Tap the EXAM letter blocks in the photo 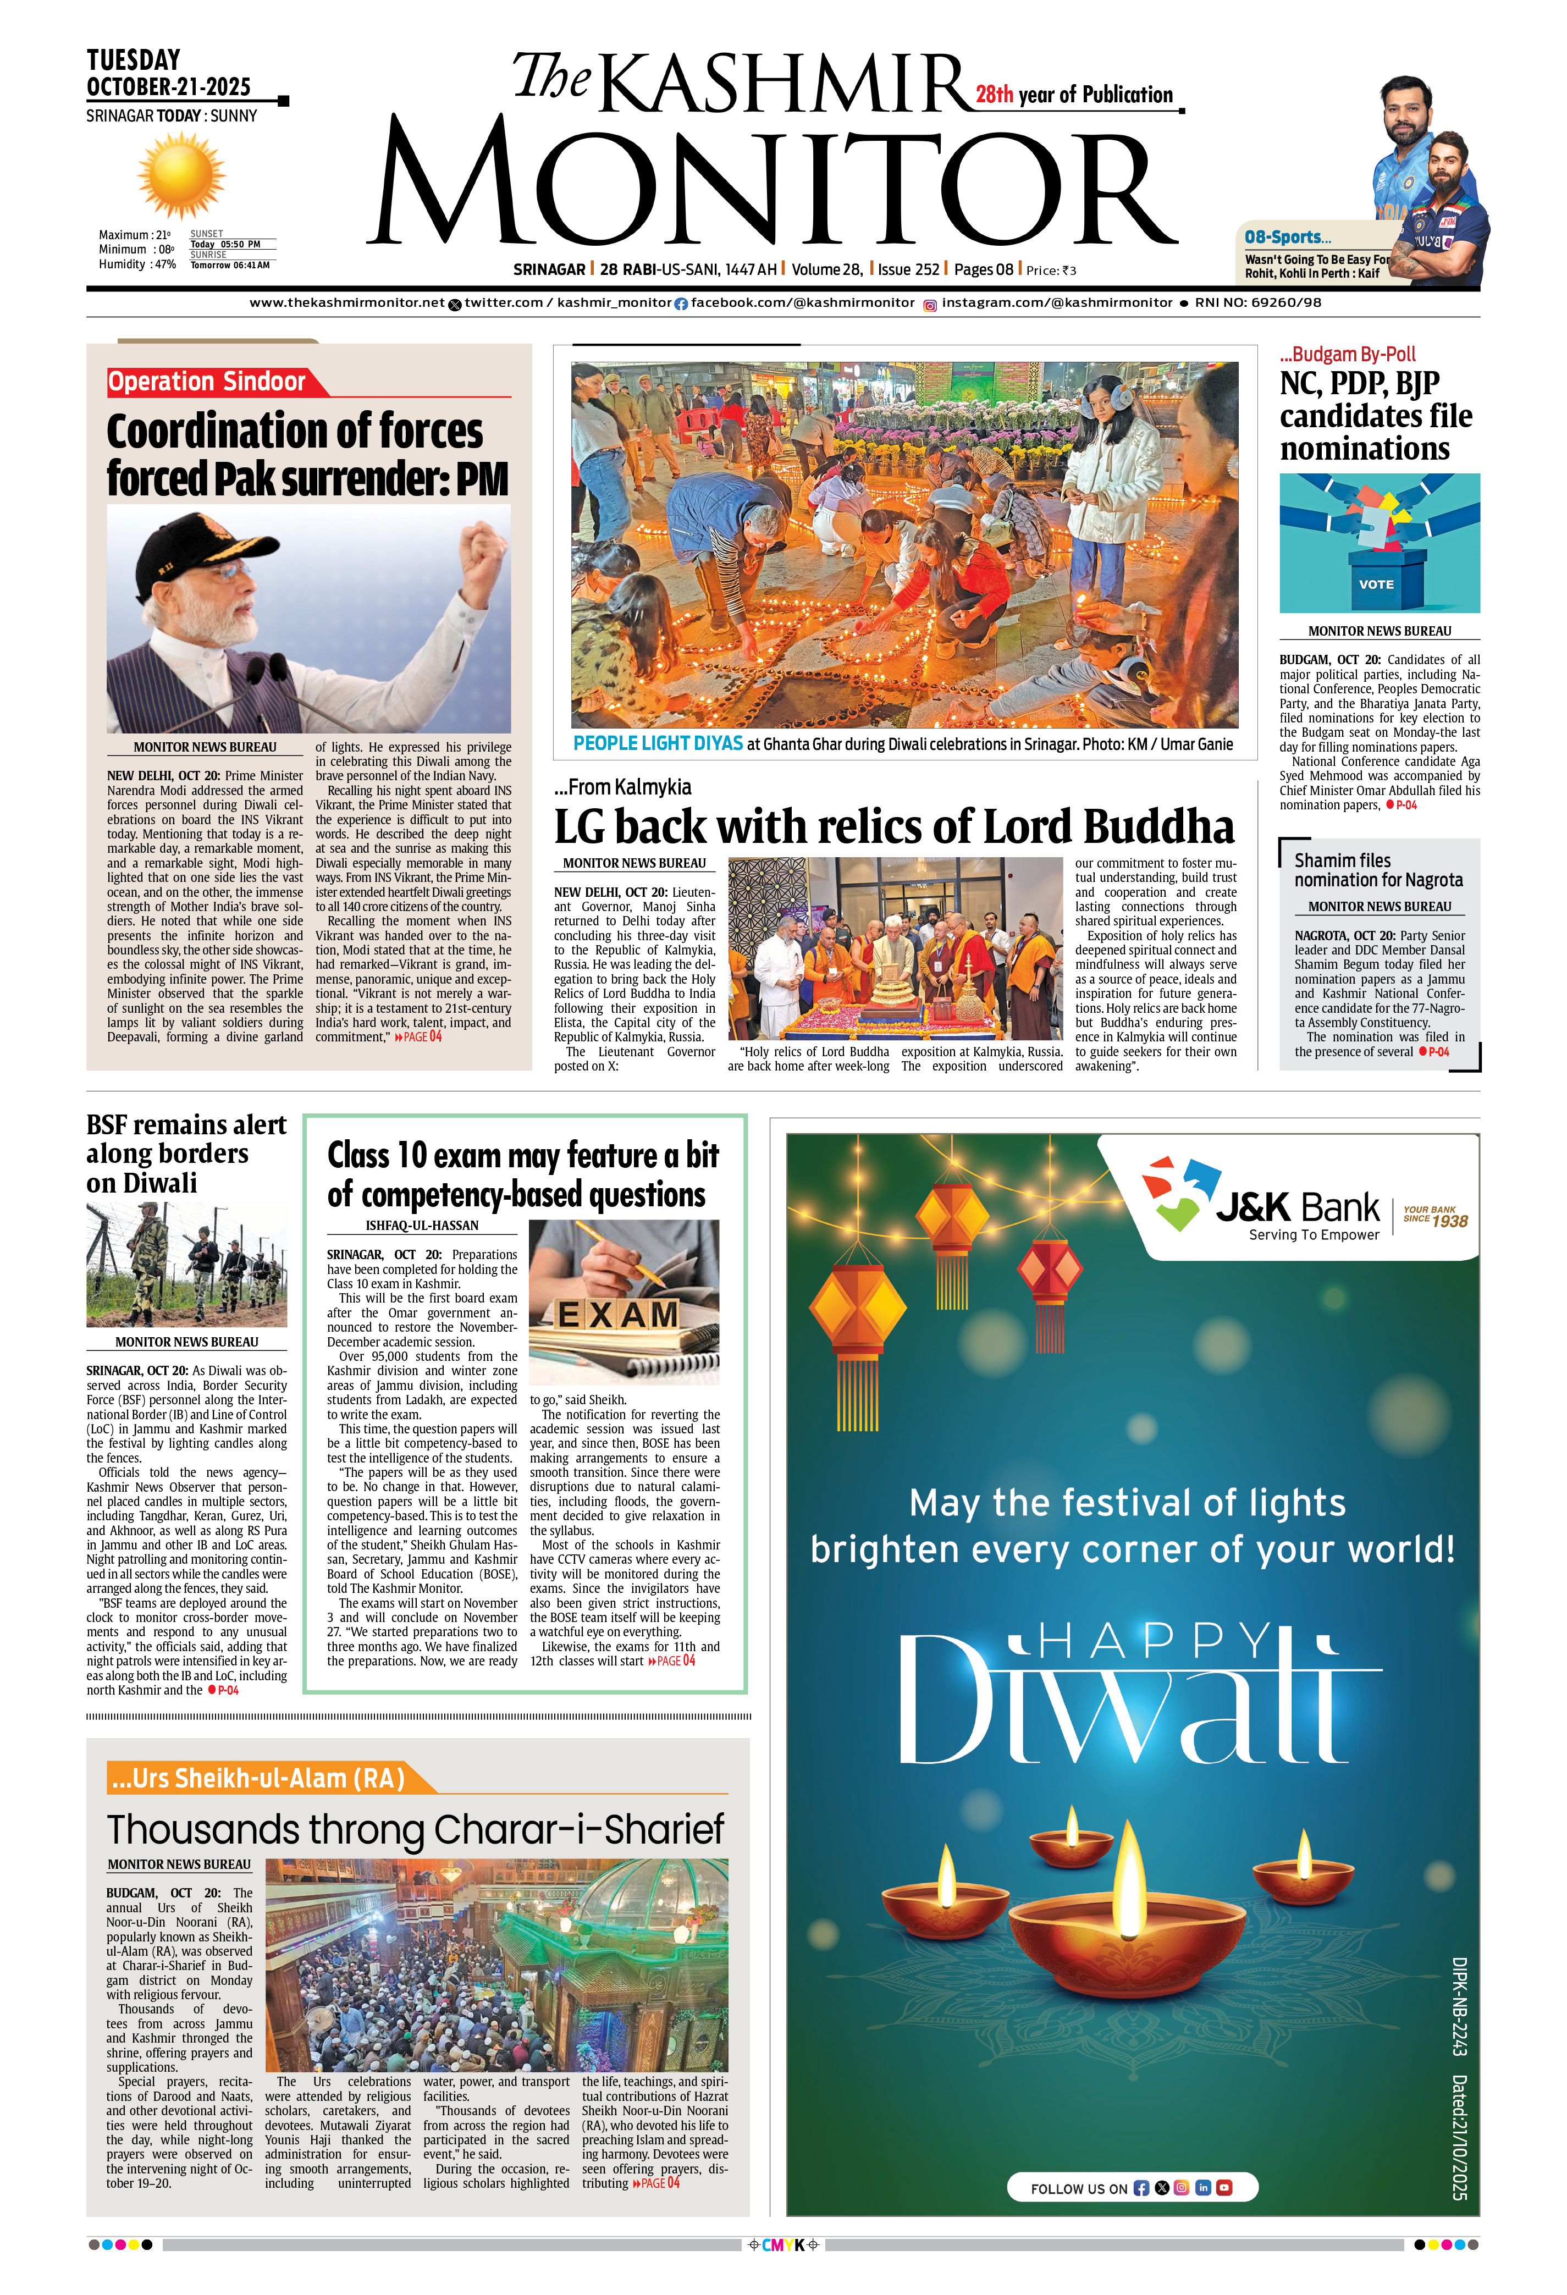(619, 1315)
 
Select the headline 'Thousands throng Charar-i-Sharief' (416, 1830)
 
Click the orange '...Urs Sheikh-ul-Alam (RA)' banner (259, 1779)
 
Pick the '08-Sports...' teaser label (1288, 237)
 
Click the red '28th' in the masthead (994, 95)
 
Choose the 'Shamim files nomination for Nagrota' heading (1378, 870)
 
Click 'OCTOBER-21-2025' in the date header (169, 87)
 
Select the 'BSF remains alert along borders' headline (186, 1154)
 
